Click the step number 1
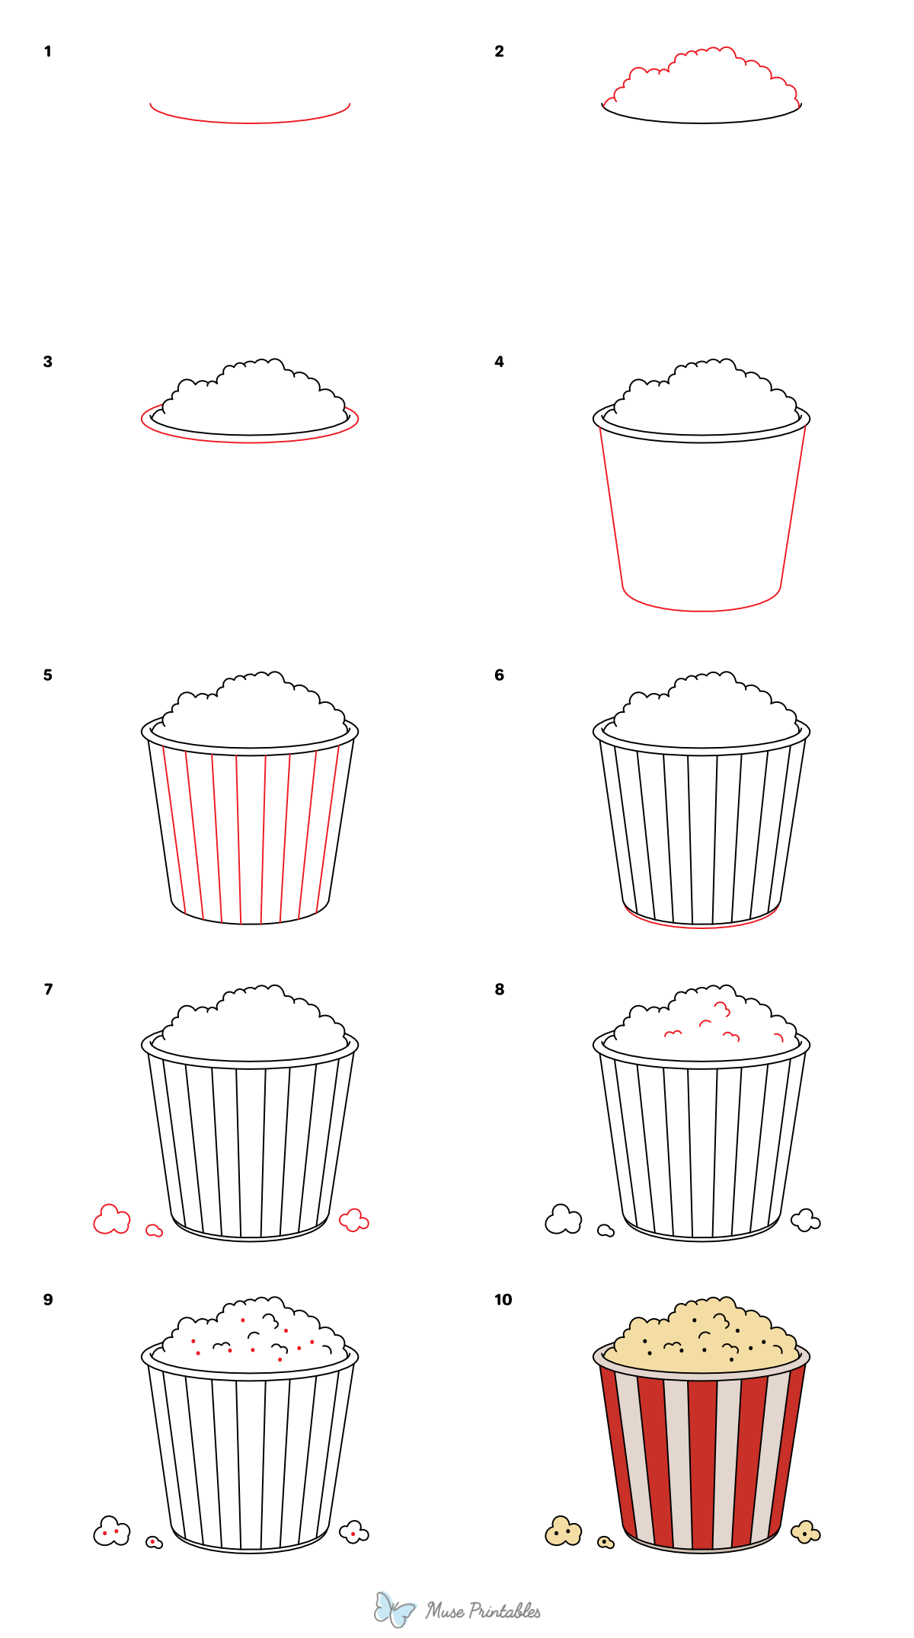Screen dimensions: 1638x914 [x=48, y=52]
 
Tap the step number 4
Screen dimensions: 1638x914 [x=499, y=362]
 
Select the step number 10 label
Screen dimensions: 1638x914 [x=503, y=1300]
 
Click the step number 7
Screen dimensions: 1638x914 [x=48, y=989]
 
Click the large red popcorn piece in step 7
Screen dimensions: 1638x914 [x=111, y=1219]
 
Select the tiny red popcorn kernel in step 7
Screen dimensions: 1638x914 [x=154, y=1231]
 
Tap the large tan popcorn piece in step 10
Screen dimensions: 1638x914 [x=564, y=1531]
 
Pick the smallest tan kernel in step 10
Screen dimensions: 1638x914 [x=606, y=1542]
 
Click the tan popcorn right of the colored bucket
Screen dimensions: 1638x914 [x=805, y=1531]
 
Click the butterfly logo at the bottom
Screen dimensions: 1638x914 [x=393, y=1608]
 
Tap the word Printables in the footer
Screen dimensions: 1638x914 [x=504, y=1611]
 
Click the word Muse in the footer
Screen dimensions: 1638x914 [x=445, y=1611]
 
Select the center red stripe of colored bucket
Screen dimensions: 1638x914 [x=702, y=1462]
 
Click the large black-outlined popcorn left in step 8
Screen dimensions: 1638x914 [x=563, y=1219]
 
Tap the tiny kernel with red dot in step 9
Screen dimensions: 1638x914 [x=154, y=1542]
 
